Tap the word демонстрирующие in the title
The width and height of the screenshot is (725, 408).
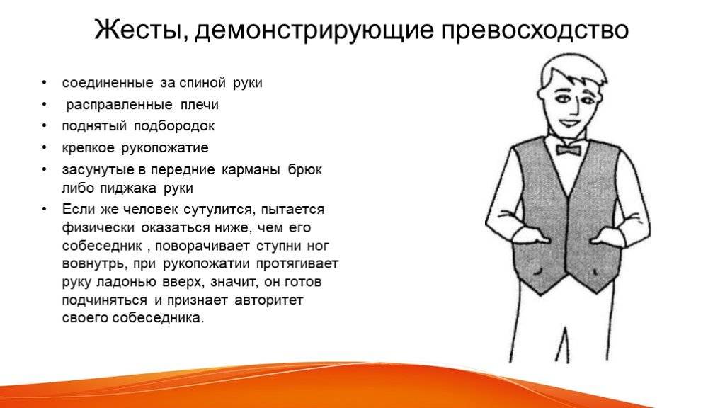314,31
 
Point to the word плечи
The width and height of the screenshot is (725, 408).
200,105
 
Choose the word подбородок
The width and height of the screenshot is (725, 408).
174,126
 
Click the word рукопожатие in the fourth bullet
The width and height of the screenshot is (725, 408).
164,148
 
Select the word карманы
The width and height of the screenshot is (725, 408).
251,170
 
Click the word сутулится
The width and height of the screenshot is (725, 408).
219,210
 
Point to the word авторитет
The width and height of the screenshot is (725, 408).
268,300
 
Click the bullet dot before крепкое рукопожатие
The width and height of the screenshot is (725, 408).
44,147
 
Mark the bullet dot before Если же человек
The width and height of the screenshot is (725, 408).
44,209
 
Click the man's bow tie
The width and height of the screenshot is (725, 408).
568,149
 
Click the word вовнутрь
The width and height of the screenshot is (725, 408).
94,264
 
